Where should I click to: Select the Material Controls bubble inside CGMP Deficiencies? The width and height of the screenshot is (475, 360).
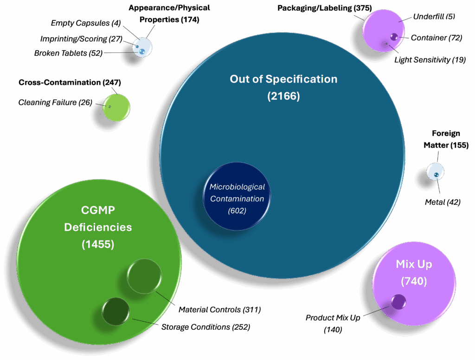point(144,276)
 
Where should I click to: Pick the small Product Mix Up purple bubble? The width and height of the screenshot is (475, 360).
point(398,302)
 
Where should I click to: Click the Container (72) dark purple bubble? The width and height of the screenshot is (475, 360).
point(393,37)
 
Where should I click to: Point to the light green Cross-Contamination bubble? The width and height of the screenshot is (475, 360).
point(116,107)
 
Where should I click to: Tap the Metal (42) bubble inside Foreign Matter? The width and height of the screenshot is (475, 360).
point(436,174)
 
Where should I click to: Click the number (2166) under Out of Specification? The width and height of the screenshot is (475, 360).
point(283,96)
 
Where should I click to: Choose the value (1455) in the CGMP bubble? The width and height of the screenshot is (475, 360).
point(98,244)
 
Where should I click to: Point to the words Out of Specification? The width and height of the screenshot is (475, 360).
point(283,79)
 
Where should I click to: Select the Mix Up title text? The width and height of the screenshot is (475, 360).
point(414,264)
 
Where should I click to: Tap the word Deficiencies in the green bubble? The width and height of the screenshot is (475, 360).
point(98,227)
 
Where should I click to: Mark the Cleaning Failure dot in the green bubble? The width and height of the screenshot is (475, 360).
point(110,107)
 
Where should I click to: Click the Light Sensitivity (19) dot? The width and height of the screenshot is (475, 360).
point(385,44)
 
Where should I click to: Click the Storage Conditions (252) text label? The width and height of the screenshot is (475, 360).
point(205,327)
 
